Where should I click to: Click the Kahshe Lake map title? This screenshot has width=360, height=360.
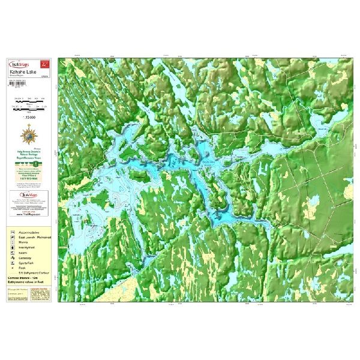tap(24, 72)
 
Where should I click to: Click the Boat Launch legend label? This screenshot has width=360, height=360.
tap(37, 238)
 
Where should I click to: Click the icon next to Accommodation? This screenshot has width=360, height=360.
tap(13, 230)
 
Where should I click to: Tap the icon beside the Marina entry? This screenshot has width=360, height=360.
tap(13, 245)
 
